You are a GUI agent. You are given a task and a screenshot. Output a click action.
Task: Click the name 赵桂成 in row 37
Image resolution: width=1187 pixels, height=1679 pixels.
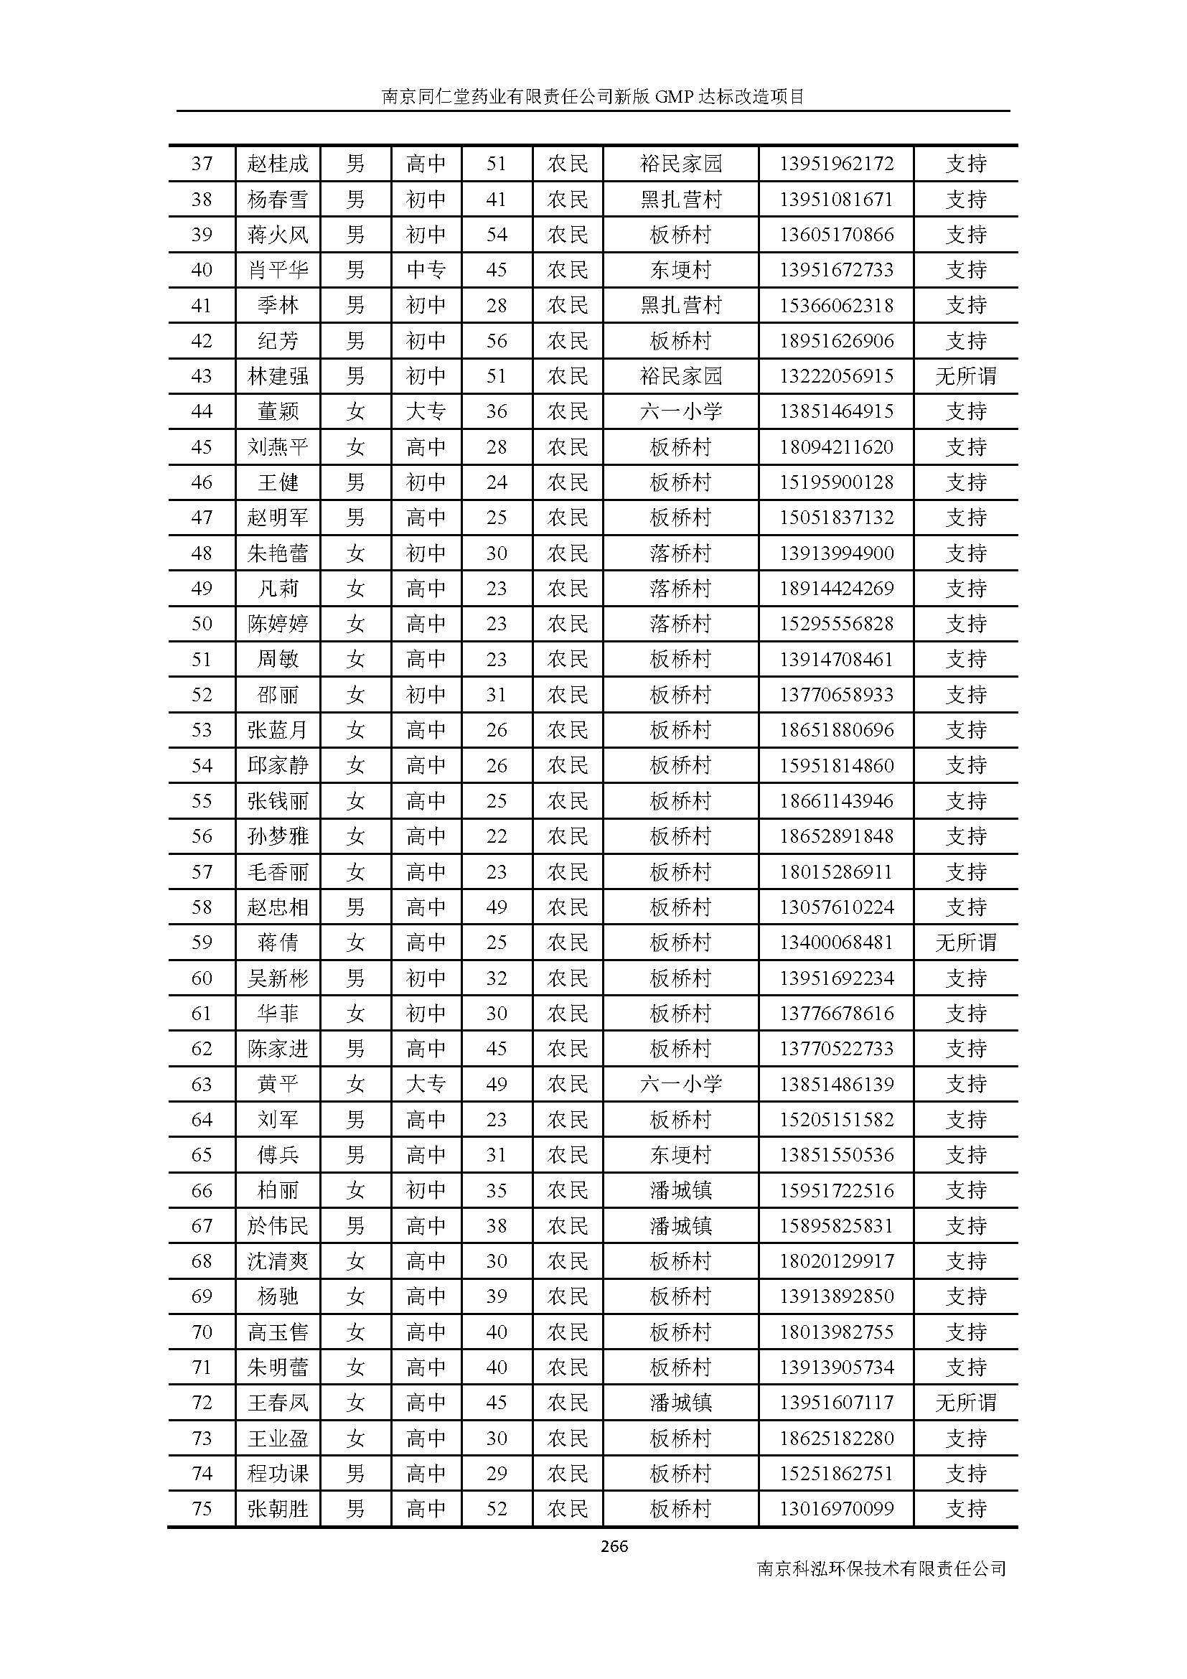278,163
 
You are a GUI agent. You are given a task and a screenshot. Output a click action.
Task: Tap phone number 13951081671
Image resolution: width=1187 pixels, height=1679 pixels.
835,199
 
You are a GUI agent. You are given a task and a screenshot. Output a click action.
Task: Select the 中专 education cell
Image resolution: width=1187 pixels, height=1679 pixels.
426,270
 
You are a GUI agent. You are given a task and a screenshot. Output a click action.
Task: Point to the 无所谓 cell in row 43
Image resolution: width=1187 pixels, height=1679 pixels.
965,376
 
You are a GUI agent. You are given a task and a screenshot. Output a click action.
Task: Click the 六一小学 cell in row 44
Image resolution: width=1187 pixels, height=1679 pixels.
680,411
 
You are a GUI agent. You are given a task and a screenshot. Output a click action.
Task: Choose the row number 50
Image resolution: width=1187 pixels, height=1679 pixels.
202,624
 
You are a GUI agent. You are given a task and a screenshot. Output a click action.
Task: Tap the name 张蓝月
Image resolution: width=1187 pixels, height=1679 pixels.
278,730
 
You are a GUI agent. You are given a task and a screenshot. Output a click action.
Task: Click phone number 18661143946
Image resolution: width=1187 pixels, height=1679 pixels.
835,801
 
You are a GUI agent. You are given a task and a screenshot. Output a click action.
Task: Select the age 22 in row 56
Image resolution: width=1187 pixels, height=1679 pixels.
497,836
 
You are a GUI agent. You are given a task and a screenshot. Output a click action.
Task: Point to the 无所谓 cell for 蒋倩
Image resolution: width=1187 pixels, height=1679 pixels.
965,943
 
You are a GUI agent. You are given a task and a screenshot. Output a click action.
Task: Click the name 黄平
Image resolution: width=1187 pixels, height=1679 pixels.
278,1084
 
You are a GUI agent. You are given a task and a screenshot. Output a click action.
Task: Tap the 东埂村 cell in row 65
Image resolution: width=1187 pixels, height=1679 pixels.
680,1155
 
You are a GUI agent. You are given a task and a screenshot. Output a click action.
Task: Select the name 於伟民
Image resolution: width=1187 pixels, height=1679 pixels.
278,1225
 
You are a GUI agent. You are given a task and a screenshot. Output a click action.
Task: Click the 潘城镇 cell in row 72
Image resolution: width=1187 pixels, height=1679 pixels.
680,1403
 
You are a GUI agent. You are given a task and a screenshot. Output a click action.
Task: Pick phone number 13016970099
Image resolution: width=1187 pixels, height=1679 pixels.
835,1509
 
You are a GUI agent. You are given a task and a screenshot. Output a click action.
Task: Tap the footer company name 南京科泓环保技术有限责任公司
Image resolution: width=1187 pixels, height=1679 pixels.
881,1568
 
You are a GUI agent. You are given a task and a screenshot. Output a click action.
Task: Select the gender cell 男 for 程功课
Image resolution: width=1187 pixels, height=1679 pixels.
355,1474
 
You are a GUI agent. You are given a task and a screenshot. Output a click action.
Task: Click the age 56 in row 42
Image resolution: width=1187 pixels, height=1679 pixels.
497,341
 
